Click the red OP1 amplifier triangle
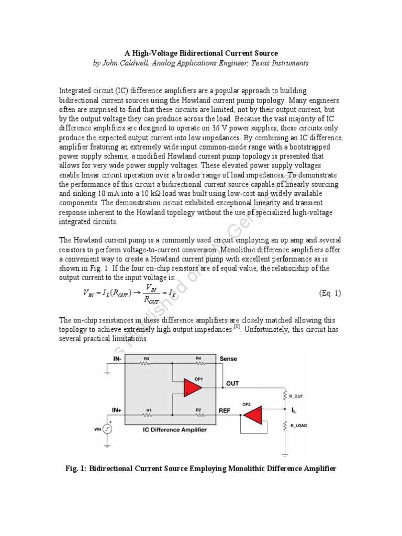192,387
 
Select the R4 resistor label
199,359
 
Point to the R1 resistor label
149,410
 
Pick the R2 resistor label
199,410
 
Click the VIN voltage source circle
107,429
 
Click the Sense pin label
228,359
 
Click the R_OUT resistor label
296,396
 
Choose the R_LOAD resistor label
297,426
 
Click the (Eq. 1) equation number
330,293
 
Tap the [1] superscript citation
237,328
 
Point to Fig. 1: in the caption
76,468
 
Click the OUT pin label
232,384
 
